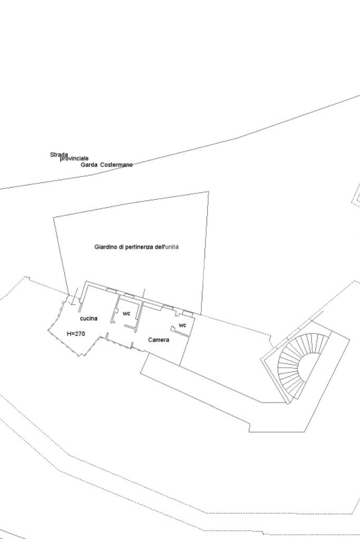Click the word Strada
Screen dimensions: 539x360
point(59,154)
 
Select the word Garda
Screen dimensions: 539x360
point(89,165)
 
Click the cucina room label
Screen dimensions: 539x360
point(89,318)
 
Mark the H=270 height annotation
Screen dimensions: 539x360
point(76,334)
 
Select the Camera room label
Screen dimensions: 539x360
point(159,340)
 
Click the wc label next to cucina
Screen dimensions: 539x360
point(127,313)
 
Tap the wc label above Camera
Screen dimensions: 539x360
point(182,325)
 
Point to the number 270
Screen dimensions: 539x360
point(80,334)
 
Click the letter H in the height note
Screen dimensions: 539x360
point(69,334)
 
